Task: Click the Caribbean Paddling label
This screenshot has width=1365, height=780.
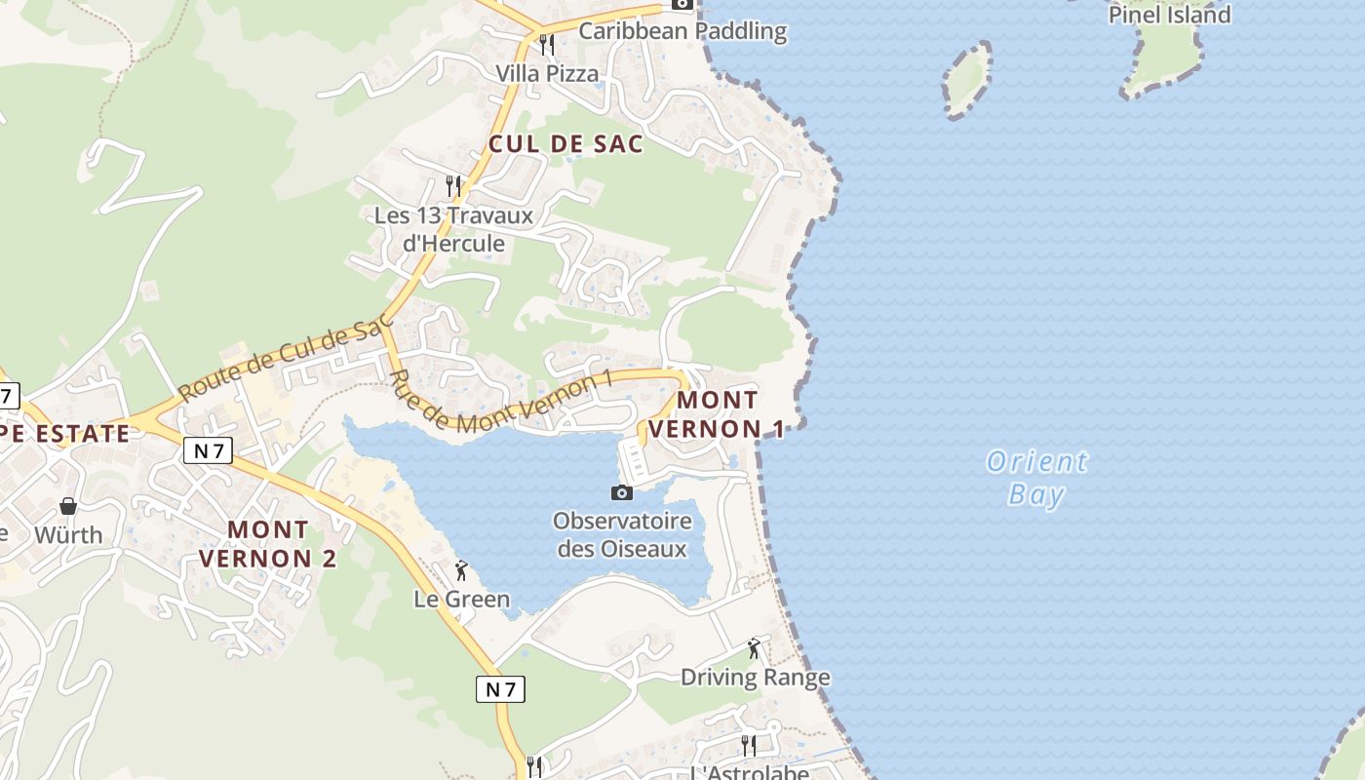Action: click(682, 31)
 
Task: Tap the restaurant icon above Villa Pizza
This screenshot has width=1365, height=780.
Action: click(547, 45)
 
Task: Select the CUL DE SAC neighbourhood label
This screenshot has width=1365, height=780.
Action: click(565, 144)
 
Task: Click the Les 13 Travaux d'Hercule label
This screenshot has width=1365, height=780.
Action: click(453, 229)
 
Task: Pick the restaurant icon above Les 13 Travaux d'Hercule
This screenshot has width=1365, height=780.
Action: click(452, 185)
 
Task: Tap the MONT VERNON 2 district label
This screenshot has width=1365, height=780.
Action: click(268, 544)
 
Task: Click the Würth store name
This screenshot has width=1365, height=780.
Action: click(68, 535)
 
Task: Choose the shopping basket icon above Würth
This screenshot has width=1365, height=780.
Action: click(68, 505)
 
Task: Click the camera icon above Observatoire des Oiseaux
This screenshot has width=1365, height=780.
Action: click(621, 492)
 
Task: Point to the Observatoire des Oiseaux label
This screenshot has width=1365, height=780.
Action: click(622, 534)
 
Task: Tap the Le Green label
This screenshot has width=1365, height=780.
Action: click(462, 599)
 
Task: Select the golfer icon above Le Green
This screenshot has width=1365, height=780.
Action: click(462, 570)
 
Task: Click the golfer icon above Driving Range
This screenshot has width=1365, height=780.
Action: click(753, 648)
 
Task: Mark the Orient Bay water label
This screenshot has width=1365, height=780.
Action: click(1036, 478)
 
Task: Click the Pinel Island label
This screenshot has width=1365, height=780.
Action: click(1170, 15)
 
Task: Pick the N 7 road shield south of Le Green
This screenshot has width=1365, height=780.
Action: click(501, 689)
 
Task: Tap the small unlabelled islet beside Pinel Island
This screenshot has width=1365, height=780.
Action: click(967, 80)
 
